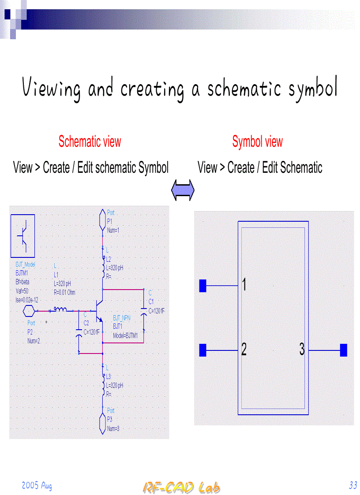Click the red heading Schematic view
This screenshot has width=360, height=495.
[x=90, y=142]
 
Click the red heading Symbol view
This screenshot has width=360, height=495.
[x=257, y=142]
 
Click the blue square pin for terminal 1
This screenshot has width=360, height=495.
[x=203, y=286]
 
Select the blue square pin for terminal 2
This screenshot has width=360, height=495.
[x=203, y=350]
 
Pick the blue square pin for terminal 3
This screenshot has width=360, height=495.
[x=344, y=350]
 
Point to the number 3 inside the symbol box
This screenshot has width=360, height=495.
[x=302, y=350]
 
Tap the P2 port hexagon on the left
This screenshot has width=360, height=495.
[x=29, y=311]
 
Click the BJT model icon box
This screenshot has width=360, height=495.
[x=22, y=236]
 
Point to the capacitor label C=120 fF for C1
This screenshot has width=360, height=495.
[x=157, y=311]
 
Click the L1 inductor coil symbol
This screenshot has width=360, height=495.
[x=60, y=310]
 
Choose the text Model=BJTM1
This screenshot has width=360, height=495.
[x=125, y=335]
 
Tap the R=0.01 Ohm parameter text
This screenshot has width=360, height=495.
[x=64, y=292]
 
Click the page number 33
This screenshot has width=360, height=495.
[x=352, y=486]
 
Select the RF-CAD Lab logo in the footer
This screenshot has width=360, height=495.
[x=181, y=488]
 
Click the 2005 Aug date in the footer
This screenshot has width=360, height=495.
[x=37, y=486]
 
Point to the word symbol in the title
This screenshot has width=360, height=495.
[x=313, y=88]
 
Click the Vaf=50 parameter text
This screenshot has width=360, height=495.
[x=22, y=291]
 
